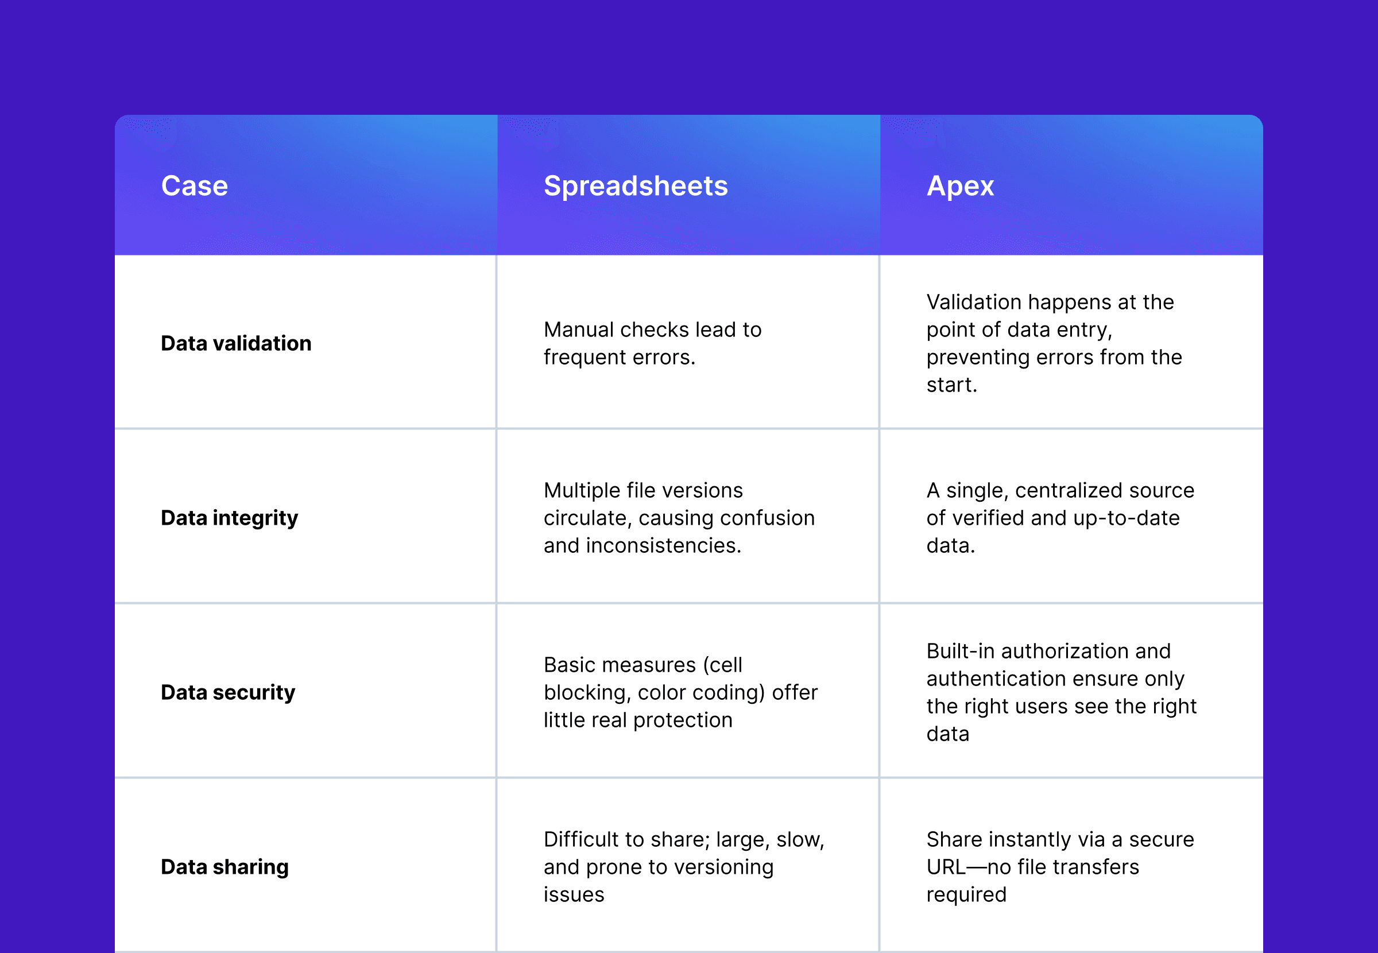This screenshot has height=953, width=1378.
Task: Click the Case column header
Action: (x=195, y=185)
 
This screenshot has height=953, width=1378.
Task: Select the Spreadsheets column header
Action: (x=635, y=185)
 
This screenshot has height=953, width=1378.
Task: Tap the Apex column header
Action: (x=960, y=185)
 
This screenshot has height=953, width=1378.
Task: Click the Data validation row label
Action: (x=236, y=343)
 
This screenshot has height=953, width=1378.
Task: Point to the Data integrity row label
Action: (x=229, y=518)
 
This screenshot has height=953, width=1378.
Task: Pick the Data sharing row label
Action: (x=224, y=866)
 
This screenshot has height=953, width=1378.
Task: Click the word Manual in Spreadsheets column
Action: (x=578, y=330)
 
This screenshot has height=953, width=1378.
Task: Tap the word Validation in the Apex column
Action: (x=973, y=302)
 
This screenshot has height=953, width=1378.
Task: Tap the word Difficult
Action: (x=578, y=839)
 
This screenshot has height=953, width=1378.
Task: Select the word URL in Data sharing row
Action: (x=946, y=866)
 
